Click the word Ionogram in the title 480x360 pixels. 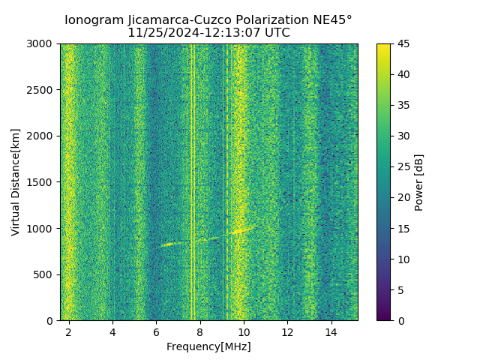coord(92,20)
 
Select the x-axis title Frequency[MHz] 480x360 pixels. coord(208,346)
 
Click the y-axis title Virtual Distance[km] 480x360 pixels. coord(16,181)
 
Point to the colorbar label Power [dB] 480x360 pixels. coord(419,181)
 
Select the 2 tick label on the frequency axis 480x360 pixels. coord(69,331)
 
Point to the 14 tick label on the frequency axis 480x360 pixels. coord(331,331)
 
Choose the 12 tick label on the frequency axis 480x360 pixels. coord(287,331)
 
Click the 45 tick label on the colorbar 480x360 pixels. coord(403,43)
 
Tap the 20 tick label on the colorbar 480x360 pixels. coord(403,197)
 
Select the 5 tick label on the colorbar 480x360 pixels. coord(400,289)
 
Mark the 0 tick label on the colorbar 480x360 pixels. coord(400,320)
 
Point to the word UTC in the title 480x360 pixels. coord(277,33)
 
